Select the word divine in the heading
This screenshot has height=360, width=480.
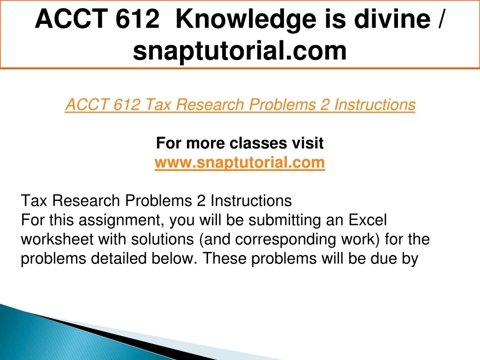click(x=392, y=19)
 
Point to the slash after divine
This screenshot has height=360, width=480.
click(x=440, y=19)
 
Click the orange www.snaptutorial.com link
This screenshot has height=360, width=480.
click(x=240, y=162)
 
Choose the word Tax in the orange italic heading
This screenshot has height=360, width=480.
click(x=157, y=105)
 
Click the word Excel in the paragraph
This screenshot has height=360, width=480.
click(x=368, y=220)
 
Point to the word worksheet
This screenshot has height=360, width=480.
click(x=57, y=239)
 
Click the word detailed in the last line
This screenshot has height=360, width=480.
click(x=119, y=258)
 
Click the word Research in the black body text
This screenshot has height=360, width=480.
click(x=86, y=201)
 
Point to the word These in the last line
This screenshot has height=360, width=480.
click(x=225, y=258)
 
